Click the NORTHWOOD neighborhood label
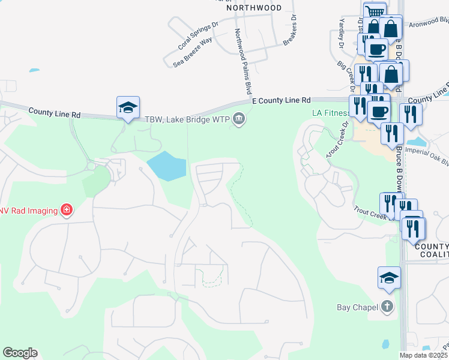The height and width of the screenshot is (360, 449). tap(254, 8)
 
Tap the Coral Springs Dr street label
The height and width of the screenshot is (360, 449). tap(196, 37)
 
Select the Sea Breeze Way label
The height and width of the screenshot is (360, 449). tap(193, 49)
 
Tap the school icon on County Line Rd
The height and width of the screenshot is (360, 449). tap(128, 108)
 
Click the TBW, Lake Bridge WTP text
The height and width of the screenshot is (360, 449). tap(187, 119)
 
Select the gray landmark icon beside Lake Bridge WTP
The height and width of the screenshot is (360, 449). tap(239, 119)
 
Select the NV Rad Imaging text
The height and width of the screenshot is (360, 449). tap(28, 211)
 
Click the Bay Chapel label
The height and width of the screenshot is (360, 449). tap(357, 308)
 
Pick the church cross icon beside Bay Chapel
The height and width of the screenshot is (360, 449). tap(388, 307)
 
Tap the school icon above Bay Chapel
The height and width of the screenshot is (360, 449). tap(388, 278)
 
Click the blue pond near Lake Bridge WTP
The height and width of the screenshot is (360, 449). tap(166, 166)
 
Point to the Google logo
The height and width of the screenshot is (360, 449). tap(20, 353)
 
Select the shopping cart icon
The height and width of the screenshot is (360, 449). tap(375, 11)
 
